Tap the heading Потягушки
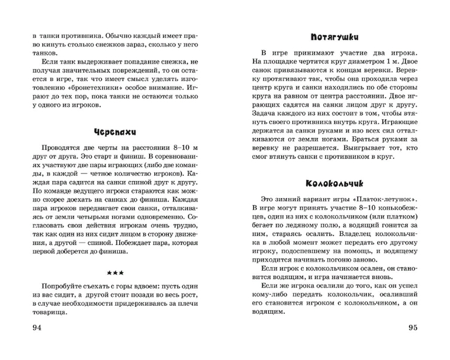333,34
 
